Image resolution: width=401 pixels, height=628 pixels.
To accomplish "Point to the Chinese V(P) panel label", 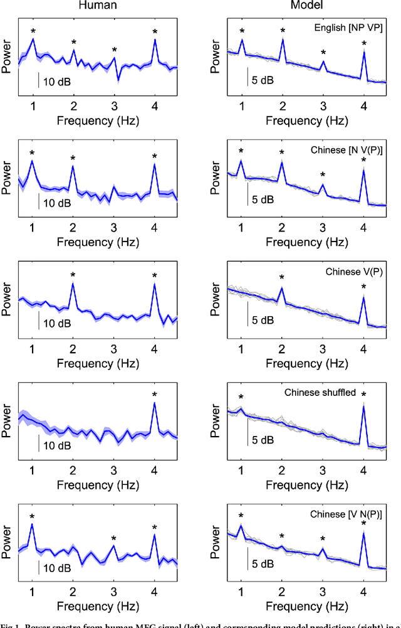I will (354, 272).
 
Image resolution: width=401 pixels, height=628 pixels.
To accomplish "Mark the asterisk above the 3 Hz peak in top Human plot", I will (114, 50).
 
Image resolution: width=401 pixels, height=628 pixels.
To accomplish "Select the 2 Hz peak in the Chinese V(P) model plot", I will (282, 288).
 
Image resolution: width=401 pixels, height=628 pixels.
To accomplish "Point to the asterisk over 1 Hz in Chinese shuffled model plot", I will (241, 397).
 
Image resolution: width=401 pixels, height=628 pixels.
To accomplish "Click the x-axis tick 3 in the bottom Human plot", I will (114, 590).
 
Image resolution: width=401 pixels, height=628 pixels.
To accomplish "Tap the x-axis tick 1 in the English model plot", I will (241, 105).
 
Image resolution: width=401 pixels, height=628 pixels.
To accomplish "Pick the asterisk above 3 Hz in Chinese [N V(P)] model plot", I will (323, 175).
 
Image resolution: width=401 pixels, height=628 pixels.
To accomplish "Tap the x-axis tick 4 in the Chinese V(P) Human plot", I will (155, 348).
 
